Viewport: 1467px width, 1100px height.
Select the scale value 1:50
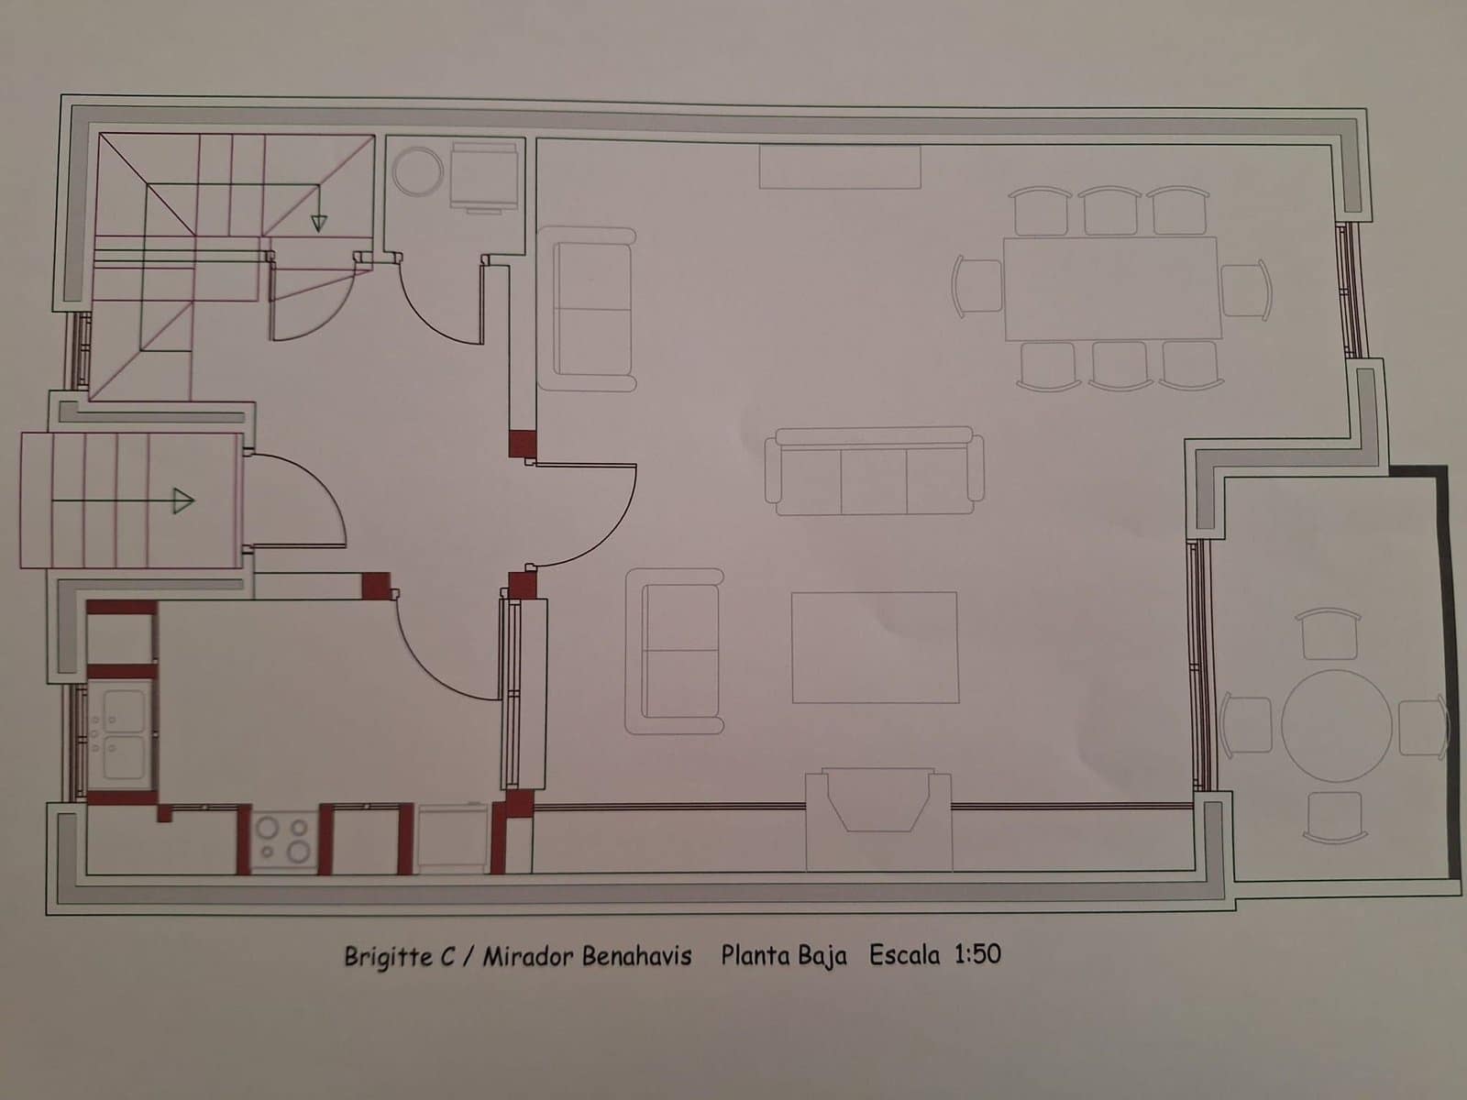977,954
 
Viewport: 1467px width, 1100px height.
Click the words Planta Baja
783,956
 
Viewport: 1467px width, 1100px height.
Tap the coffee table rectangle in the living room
875,647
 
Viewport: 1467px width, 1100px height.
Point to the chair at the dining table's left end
977,286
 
